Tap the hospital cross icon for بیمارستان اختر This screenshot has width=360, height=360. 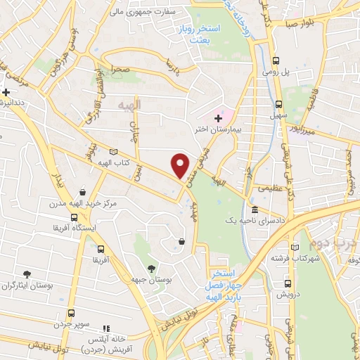[218, 118]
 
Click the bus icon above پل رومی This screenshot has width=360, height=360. [277, 61]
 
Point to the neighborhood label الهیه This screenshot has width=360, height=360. [129, 104]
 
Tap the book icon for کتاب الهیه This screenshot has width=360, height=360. [113, 151]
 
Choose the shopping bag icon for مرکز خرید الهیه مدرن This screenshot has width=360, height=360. [83, 191]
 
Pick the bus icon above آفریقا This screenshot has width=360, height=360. [101, 249]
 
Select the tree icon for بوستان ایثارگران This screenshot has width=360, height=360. [27, 274]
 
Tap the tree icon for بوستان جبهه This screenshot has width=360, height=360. [151, 269]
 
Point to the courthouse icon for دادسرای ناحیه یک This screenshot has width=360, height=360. [255, 210]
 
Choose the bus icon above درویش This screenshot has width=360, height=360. [286, 283]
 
